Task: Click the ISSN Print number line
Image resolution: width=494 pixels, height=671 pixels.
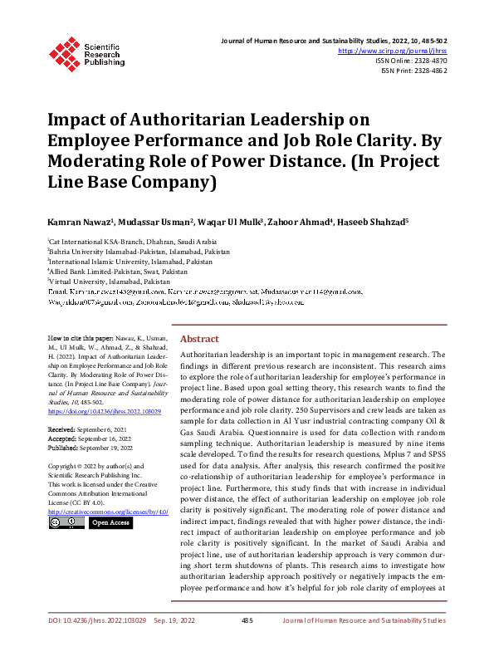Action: click(413, 71)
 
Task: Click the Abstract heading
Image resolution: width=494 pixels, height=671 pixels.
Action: click(199, 363)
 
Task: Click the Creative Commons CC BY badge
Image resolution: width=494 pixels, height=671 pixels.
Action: click(66, 523)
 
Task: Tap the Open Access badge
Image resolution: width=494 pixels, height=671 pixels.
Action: click(111, 523)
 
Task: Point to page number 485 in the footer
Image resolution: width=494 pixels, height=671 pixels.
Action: click(247, 643)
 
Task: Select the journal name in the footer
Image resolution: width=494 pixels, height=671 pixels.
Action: click(364, 643)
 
